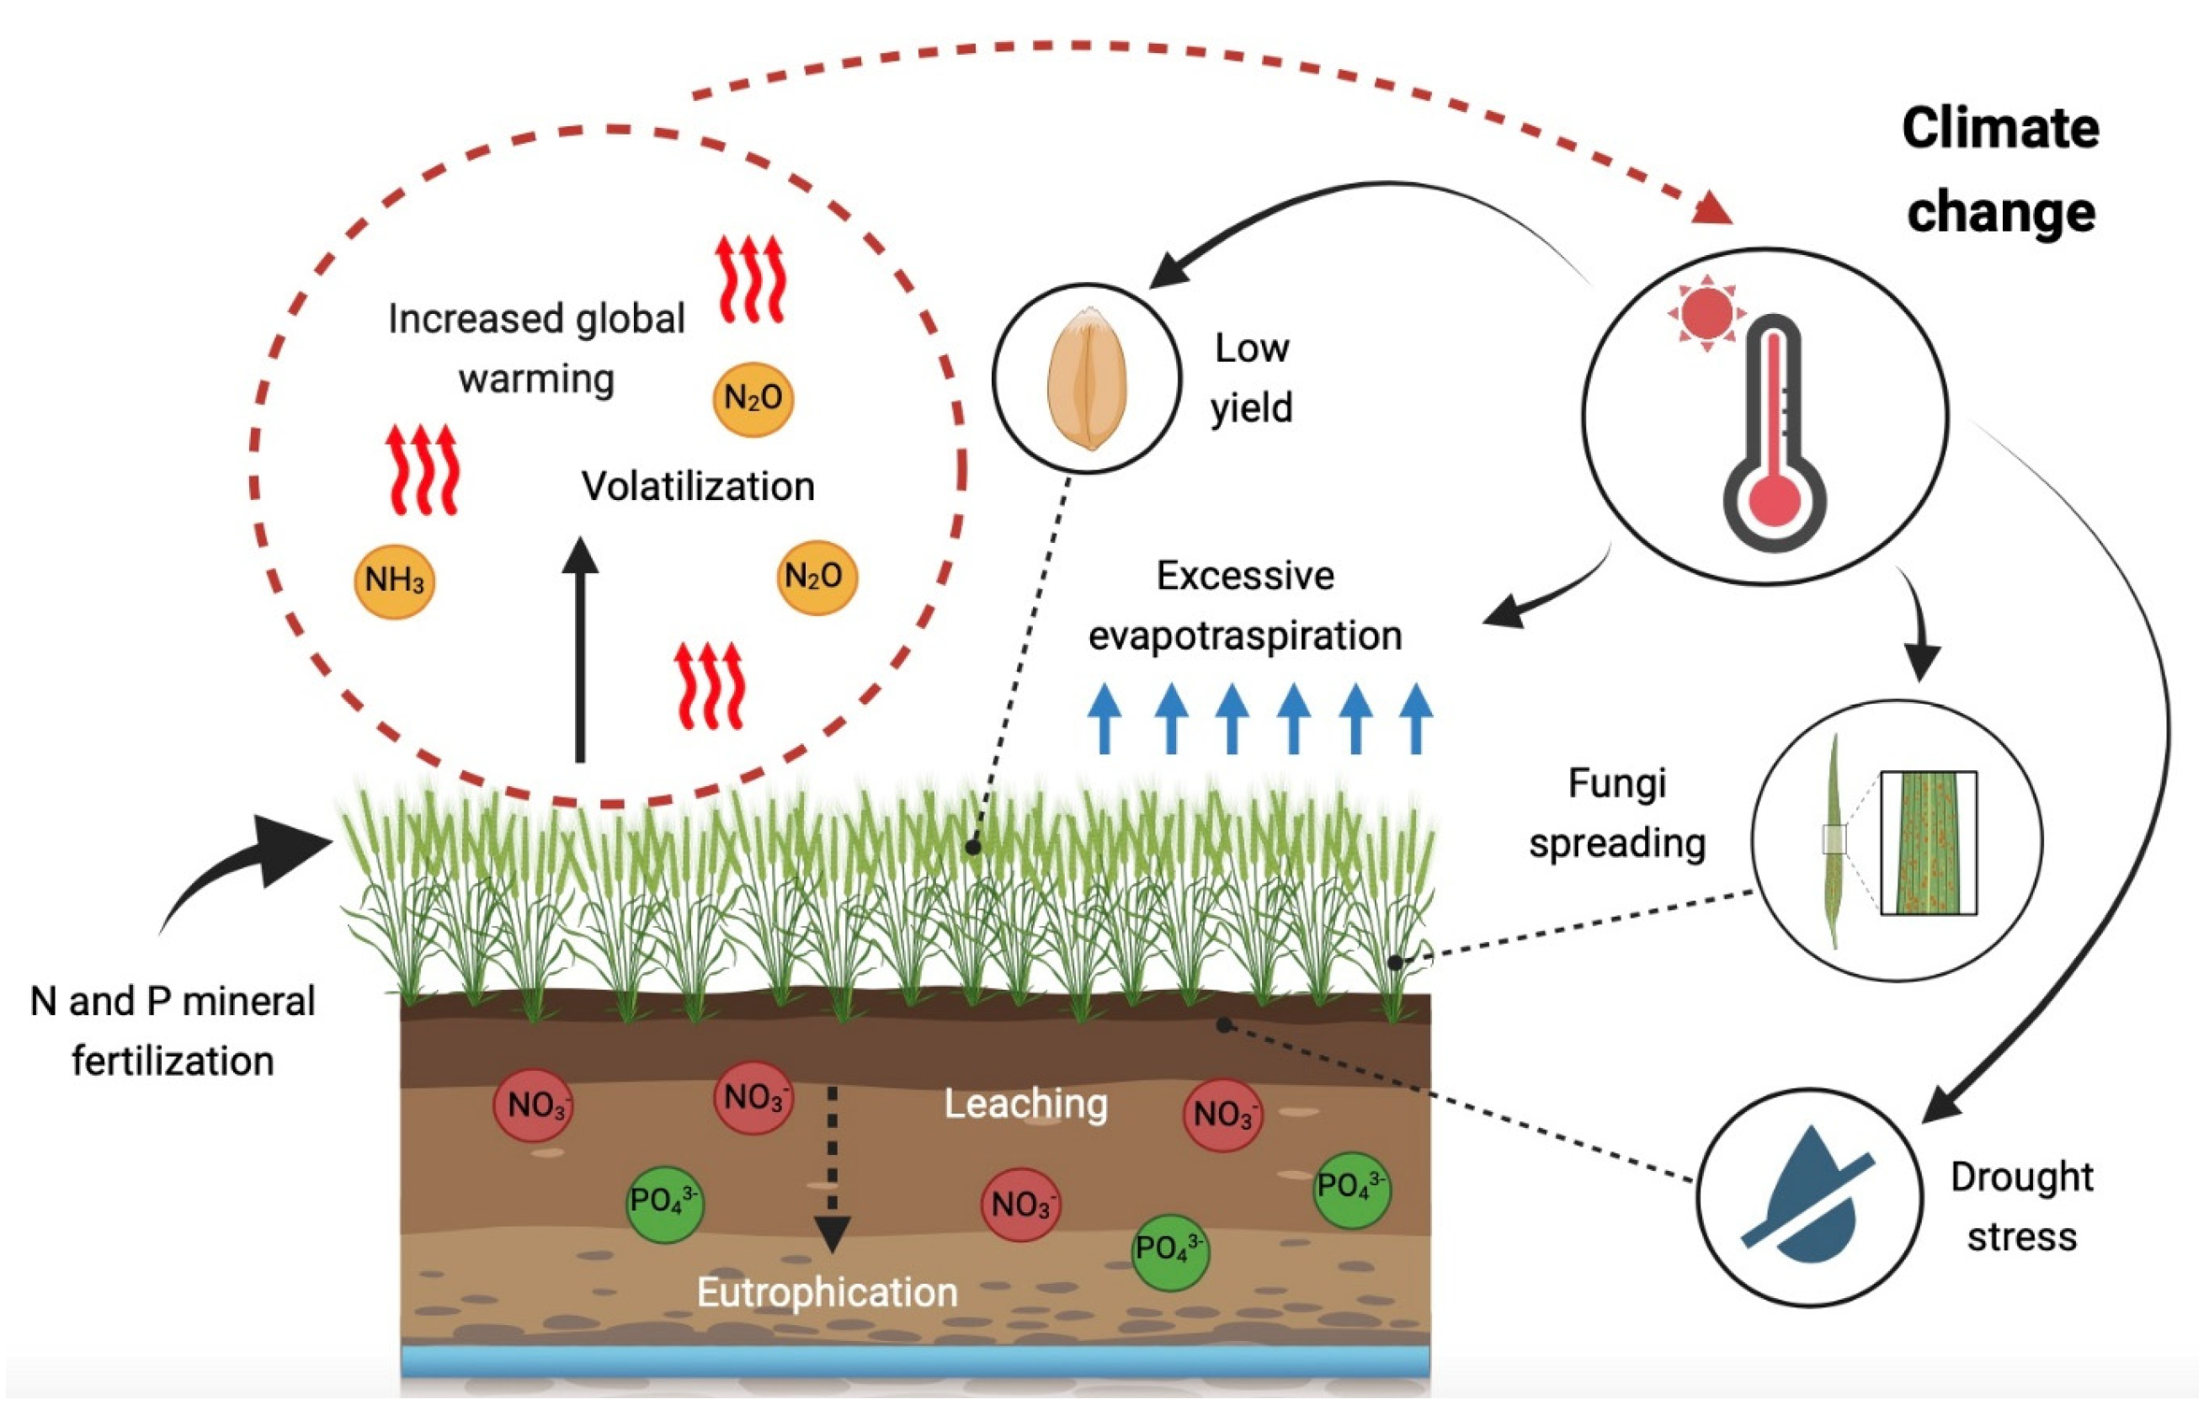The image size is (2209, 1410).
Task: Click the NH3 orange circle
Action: click(395, 581)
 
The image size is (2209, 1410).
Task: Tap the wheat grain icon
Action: click(1087, 379)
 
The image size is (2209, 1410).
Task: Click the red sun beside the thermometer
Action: click(1706, 312)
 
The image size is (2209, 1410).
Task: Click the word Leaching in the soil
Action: click(1025, 1104)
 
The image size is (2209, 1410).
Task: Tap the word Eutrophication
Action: click(827, 1293)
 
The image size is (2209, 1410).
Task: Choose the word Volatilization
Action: click(698, 487)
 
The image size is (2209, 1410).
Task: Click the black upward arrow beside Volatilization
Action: click(580, 650)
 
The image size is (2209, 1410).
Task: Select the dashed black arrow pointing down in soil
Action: click(832, 1168)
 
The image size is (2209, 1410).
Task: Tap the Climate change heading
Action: click(2001, 171)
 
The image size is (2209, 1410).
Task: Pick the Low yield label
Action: click(1251, 378)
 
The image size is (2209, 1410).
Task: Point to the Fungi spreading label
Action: click(1617, 814)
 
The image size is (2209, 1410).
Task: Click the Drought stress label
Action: click(2022, 1207)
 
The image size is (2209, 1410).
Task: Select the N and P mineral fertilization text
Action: click(173, 1031)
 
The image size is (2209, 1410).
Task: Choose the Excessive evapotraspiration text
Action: click(1245, 605)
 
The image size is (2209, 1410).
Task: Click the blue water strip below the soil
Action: click(914, 1360)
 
